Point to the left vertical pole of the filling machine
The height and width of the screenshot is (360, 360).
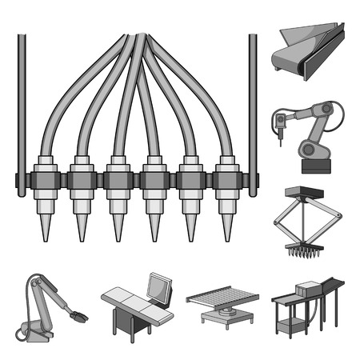click(21, 104)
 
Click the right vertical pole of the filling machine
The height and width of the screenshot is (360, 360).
click(253, 104)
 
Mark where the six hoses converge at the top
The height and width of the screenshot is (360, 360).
click(138, 38)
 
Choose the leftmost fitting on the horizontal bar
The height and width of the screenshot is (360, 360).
click(42, 178)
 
